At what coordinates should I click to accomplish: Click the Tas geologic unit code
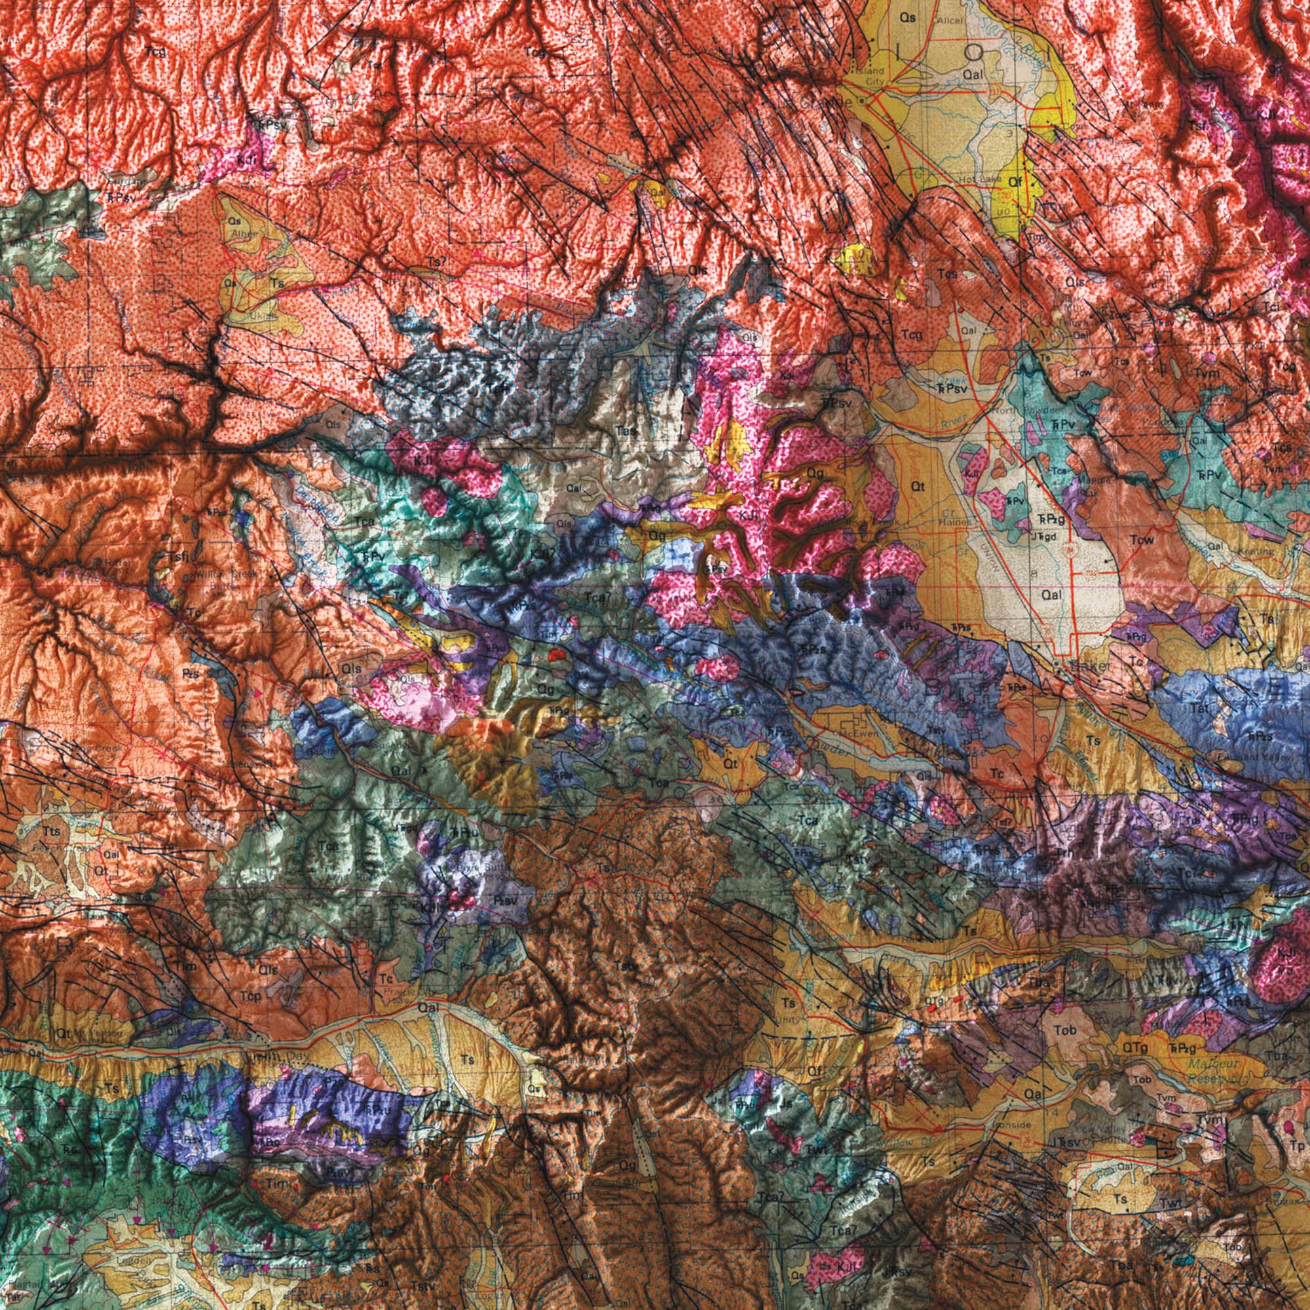pos(626,430)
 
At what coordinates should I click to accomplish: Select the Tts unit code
pos(51,832)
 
